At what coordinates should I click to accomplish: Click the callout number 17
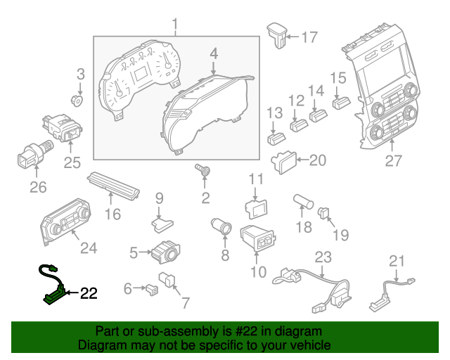(309, 37)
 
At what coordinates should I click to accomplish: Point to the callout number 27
(393, 161)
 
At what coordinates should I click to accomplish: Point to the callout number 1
(176, 27)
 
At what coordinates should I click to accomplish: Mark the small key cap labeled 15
(342, 102)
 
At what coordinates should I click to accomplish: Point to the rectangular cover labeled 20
(285, 162)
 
